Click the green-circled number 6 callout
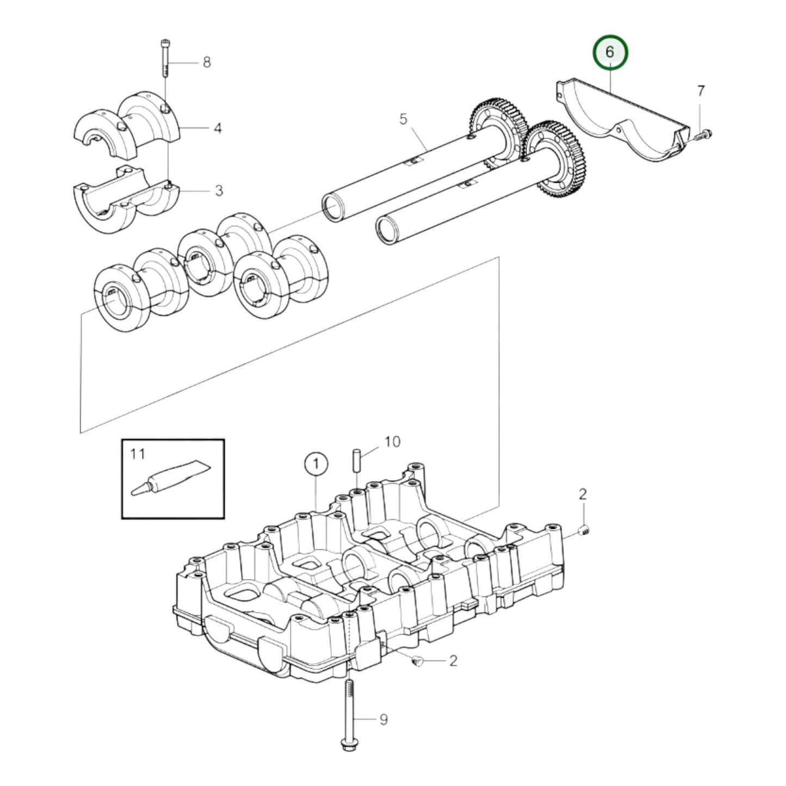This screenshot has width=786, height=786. coord(609,53)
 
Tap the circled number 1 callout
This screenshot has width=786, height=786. coord(316,465)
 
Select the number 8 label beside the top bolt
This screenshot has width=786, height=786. coord(207,63)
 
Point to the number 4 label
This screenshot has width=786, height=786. coord(218,128)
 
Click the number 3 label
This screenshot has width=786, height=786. coord(219,191)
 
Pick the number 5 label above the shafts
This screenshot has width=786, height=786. coord(403,119)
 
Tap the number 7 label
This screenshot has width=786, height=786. coord(701,91)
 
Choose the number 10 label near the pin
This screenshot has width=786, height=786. coord(392,441)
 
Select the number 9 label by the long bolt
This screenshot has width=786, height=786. coord(383,720)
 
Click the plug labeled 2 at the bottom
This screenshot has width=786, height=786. coord(418,661)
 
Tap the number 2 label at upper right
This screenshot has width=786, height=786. coord(583,494)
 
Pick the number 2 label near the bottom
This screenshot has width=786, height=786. coord(453,661)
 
